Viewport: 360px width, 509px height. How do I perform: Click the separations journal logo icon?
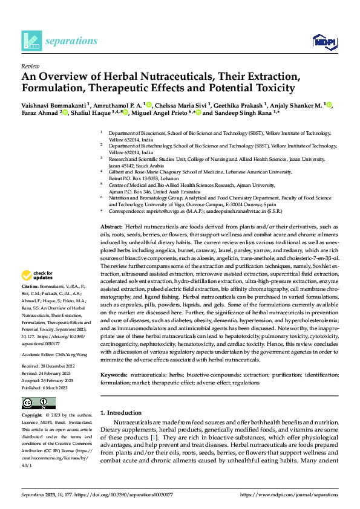click(31, 41)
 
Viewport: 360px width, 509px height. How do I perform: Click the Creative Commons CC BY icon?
click(38, 403)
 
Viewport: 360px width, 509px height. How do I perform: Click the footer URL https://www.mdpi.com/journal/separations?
click(290, 494)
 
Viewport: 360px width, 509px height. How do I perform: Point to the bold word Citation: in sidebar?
click(30, 285)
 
